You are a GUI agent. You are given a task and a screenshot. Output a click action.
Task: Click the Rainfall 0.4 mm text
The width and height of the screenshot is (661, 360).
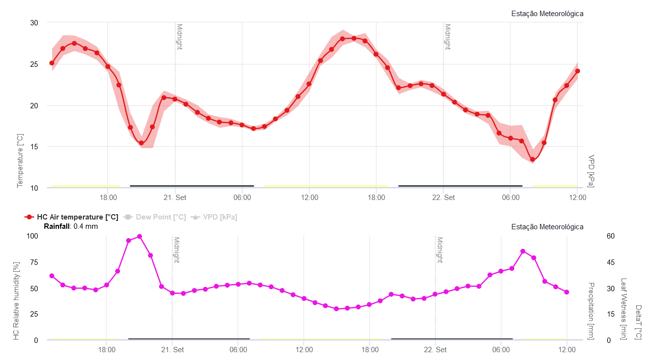pyautogui.click(x=71, y=226)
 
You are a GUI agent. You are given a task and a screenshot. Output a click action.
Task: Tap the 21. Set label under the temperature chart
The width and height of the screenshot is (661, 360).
pyautogui.click(x=175, y=198)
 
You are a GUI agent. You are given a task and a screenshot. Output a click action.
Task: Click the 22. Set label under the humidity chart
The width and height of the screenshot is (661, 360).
pyautogui.click(x=435, y=350)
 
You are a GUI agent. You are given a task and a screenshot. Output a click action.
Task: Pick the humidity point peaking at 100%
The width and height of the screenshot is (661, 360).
pyautogui.click(x=139, y=237)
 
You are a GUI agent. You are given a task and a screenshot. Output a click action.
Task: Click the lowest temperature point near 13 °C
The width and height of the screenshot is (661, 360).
pyautogui.click(x=533, y=160)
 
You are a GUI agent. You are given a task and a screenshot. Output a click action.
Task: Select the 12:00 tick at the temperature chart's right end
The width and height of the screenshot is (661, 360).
pyautogui.click(x=578, y=198)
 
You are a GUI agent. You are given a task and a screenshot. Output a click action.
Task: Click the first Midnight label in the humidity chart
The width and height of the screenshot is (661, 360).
pyautogui.click(x=176, y=250)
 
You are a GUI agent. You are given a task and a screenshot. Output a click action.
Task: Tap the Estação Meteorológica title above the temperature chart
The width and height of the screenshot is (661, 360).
pyautogui.click(x=547, y=14)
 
